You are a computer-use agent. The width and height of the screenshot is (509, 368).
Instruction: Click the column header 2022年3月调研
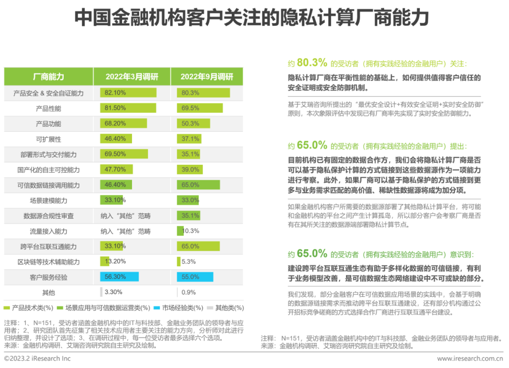click(131, 77)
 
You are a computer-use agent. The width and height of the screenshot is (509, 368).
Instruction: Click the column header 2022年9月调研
click(207, 77)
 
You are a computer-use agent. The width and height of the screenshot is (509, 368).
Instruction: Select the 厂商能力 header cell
click(49, 77)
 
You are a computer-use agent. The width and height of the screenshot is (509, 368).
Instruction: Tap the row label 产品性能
click(49, 109)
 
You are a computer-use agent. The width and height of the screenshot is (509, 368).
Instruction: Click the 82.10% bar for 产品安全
click(128, 93)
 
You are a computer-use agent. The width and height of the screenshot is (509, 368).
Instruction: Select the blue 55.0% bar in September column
click(195, 277)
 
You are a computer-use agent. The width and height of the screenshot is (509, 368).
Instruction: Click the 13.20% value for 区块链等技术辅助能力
click(115, 262)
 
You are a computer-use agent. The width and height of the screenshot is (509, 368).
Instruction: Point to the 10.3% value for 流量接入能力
click(191, 231)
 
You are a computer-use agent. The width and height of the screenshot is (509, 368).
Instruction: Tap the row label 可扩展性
click(49, 139)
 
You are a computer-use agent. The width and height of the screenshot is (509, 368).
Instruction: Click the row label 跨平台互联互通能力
click(49, 247)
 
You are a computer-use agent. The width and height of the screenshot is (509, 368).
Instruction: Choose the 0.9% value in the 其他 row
click(189, 292)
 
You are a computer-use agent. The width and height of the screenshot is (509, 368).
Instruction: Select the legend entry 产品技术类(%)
click(33, 308)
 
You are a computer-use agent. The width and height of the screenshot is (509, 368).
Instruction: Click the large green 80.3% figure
click(312, 63)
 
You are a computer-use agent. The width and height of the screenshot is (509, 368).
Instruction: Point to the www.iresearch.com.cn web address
click(469, 359)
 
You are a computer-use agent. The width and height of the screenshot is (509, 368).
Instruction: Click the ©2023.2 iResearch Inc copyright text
click(37, 359)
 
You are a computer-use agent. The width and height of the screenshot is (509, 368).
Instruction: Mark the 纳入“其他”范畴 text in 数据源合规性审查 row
click(125, 216)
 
